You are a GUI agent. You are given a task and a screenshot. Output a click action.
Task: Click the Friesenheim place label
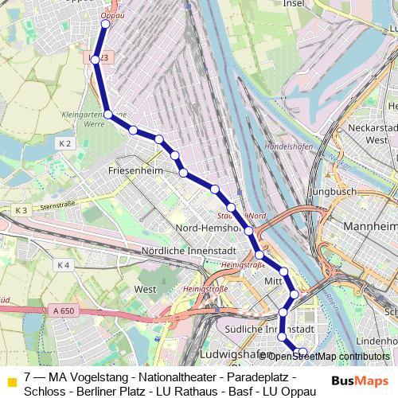point(136,171)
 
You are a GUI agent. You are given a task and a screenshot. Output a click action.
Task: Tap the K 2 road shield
point(65,143)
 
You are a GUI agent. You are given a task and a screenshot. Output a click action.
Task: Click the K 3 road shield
point(21,209)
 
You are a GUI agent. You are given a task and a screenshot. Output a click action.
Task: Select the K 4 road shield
point(64,264)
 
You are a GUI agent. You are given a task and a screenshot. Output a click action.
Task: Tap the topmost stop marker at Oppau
point(104,24)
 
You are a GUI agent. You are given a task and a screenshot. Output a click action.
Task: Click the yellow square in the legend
point(11,382)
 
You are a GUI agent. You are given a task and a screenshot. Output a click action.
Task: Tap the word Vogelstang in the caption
point(99,376)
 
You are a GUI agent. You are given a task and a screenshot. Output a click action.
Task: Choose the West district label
point(146,289)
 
